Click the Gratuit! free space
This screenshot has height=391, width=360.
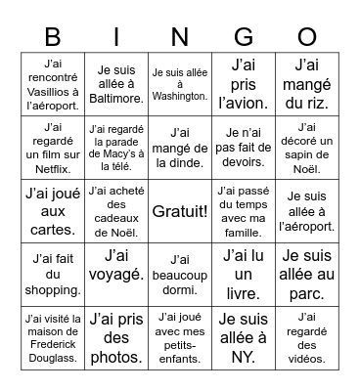click(x=180, y=211)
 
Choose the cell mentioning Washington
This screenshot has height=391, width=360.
click(x=180, y=84)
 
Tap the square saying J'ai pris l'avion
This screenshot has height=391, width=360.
click(x=244, y=84)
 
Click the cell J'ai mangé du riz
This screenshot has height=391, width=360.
click(x=307, y=84)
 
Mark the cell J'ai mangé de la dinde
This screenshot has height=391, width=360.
click(x=180, y=148)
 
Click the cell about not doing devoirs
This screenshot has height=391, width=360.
click(x=244, y=148)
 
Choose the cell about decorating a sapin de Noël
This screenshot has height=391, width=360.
click(x=307, y=148)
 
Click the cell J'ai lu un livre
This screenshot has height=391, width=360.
click(x=244, y=275)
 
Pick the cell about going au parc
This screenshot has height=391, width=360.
click(x=307, y=275)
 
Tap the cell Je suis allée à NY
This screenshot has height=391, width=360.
click(x=244, y=337)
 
